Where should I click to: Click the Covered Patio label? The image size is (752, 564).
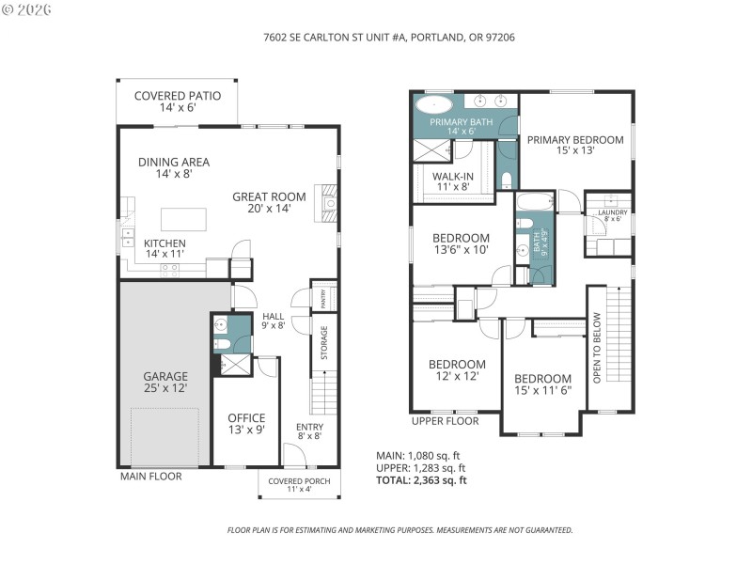178,102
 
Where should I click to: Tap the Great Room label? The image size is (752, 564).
270,202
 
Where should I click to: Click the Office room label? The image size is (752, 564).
246,424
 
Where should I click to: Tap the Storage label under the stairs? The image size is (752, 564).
324,342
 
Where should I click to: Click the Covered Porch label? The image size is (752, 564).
298,485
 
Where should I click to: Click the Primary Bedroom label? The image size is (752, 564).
574,146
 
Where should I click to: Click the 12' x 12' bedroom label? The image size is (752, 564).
457,369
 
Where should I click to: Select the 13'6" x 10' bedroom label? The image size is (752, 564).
461,243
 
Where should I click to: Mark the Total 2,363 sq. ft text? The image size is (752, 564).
421,480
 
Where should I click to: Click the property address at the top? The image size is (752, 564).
375,38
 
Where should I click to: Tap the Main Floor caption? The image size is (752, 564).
150,477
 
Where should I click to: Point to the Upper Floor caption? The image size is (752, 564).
445,421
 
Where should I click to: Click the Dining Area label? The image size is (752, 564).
173,167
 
